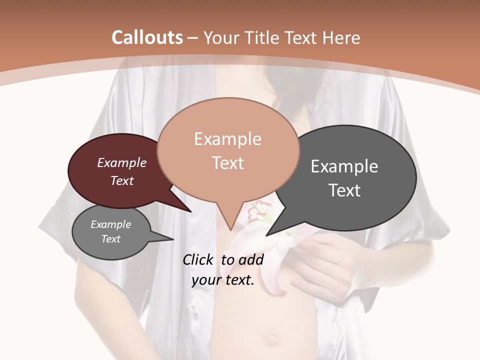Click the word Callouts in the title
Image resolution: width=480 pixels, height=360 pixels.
pyautogui.click(x=147, y=37)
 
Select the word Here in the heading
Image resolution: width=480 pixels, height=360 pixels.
pyautogui.click(x=341, y=37)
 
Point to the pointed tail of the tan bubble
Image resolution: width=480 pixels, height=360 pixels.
pyautogui.click(x=230, y=225)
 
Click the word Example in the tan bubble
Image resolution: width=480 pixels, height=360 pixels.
pyautogui.click(x=227, y=139)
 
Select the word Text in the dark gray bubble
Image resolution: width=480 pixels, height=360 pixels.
pyautogui.click(x=344, y=190)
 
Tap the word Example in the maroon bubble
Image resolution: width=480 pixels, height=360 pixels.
pyautogui.click(x=121, y=162)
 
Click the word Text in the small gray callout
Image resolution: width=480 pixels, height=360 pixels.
pyautogui.click(x=111, y=239)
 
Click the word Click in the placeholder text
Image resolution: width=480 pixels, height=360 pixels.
pyautogui.click(x=199, y=259)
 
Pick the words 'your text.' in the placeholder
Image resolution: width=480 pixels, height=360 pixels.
pyautogui.click(x=223, y=280)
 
